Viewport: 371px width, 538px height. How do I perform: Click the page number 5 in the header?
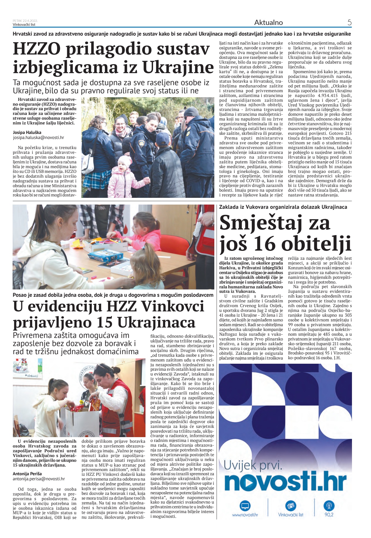[349, 22]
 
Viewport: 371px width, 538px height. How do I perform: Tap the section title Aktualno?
[268, 22]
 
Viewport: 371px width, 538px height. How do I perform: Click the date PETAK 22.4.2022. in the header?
[25, 21]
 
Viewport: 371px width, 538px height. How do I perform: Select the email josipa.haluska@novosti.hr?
[38, 138]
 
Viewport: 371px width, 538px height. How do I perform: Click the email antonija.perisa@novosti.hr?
[39, 479]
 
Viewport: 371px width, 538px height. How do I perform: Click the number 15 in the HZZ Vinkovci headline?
[104, 323]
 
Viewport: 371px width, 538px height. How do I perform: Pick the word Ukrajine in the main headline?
[178, 68]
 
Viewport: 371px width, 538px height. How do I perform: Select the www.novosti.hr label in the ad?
[245, 515]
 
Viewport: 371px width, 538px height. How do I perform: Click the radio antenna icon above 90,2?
[329, 506]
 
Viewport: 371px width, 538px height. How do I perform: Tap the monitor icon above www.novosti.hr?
[245, 506]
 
